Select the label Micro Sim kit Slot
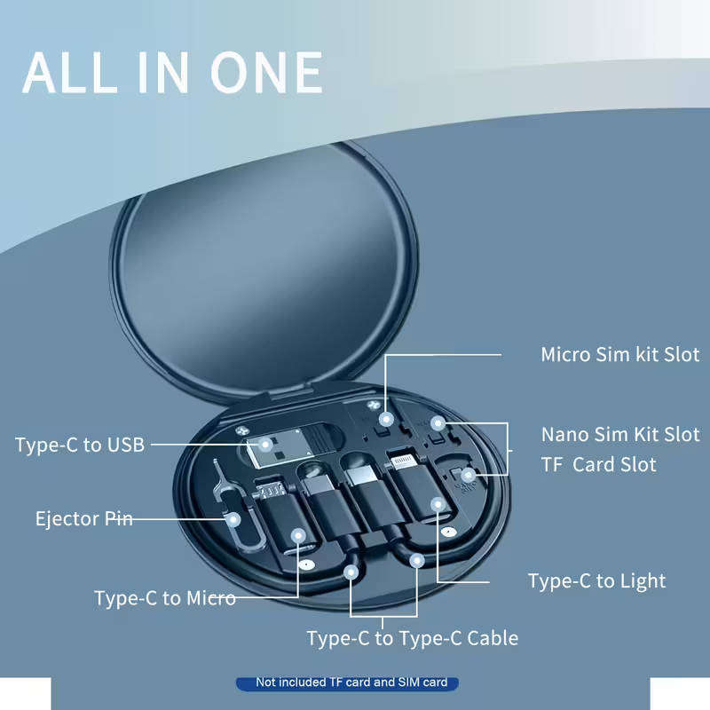tap(619, 355)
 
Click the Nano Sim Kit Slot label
tap(619, 435)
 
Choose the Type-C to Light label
tap(596, 581)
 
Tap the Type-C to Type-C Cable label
tap(412, 638)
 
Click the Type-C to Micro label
tap(165, 598)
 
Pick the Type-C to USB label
tap(79, 445)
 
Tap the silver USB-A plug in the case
tap(268, 451)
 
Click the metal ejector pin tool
tap(224, 497)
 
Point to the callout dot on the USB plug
tap(265, 444)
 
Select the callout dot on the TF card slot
tap(468, 476)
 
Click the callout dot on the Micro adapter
tap(299, 535)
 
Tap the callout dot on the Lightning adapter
tap(437, 505)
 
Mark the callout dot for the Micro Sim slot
tap(385, 418)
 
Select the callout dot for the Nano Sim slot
tap(437, 422)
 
